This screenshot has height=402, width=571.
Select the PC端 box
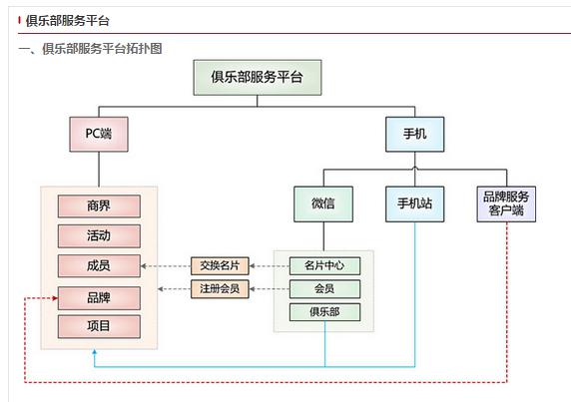tap(99, 133)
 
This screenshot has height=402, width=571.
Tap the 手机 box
tap(414, 133)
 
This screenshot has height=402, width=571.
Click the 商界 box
tap(99, 206)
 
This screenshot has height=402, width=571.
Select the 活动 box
tap(99, 236)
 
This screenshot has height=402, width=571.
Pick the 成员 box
tap(99, 266)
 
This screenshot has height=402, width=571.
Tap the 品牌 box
tap(99, 297)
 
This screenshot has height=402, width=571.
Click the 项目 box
tap(99, 326)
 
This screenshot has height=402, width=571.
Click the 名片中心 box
tap(324, 265)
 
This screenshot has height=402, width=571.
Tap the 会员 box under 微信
tap(324, 289)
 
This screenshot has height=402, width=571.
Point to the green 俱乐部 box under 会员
tap(324, 312)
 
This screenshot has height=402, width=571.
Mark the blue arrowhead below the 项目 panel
tap(95, 353)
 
